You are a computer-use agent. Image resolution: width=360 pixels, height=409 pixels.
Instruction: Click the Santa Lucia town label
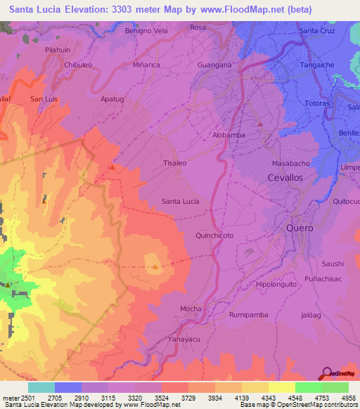(x=180, y=201)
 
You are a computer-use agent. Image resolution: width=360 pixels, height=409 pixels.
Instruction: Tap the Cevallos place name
(x=285, y=178)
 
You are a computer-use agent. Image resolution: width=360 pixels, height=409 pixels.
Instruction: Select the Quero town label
(x=300, y=229)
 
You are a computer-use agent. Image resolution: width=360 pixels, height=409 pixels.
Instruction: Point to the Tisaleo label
(x=174, y=162)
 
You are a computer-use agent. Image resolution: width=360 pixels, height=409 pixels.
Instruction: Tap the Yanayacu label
(x=184, y=338)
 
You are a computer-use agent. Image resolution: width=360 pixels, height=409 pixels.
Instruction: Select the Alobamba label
(x=229, y=134)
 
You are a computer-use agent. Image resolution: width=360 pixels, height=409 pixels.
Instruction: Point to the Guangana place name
(x=215, y=65)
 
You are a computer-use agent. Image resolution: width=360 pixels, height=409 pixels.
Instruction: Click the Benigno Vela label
(x=146, y=31)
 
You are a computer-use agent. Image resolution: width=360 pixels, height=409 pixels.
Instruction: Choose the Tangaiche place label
(x=318, y=64)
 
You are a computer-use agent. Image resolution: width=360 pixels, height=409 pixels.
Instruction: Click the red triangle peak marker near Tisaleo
(x=112, y=167)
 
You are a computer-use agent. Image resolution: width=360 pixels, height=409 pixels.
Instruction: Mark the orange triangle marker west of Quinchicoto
(x=155, y=266)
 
